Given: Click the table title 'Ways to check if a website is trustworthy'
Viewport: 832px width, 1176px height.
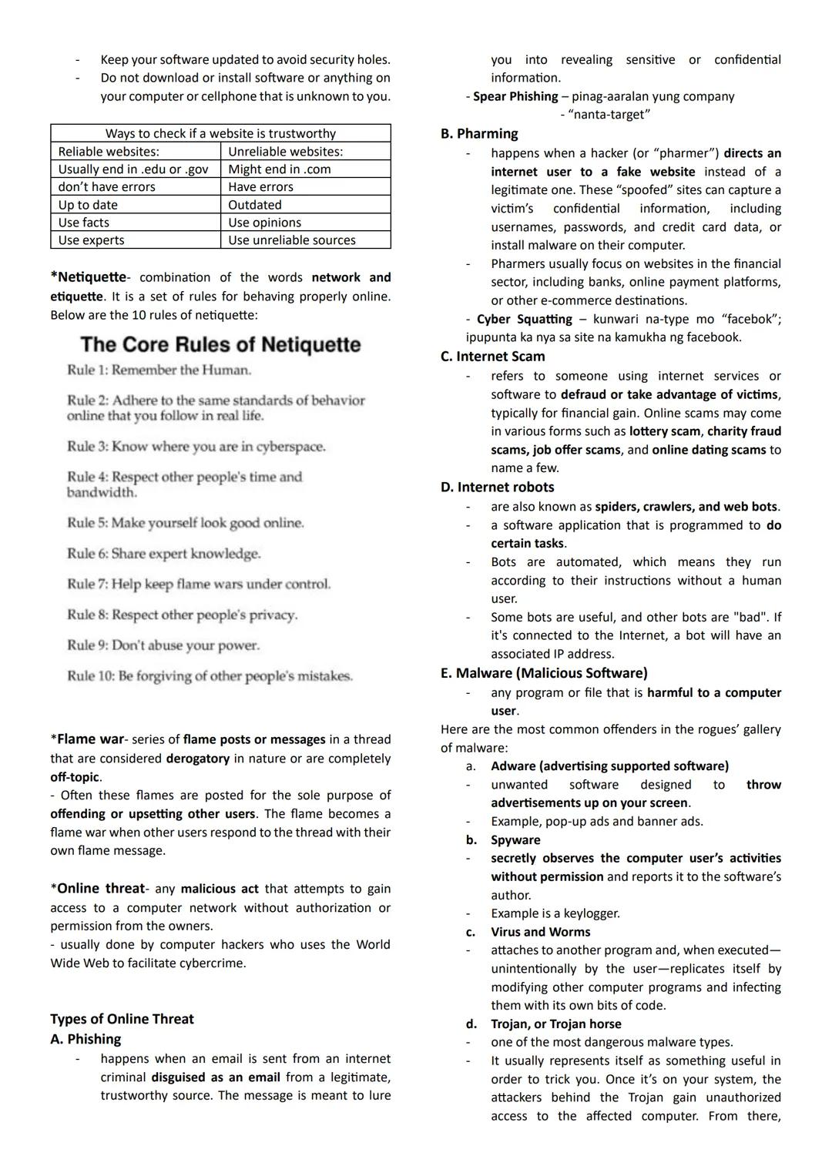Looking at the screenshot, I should pos(220,133).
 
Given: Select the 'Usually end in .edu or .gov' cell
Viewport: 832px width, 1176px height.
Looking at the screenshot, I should pos(133,169).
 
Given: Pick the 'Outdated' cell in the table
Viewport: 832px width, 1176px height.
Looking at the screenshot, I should pos(255,205).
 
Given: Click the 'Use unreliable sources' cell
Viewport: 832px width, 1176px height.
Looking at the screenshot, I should pos(292,240).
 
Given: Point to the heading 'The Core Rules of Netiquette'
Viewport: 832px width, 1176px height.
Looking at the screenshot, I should pos(220,344).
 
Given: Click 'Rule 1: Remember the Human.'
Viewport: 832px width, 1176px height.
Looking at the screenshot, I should pos(159,370).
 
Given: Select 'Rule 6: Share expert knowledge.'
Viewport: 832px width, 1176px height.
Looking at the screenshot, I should pos(163,554).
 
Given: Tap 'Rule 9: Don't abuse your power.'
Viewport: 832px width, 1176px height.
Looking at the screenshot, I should pos(163,645).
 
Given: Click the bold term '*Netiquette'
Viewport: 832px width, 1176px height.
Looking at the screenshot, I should pos(88,277).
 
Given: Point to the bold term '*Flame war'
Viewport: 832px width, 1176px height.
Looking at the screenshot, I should pos(87,739).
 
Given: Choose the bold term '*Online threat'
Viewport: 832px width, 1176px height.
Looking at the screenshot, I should pos(97,889).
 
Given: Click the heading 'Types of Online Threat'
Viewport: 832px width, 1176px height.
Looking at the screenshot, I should pos(122,1019).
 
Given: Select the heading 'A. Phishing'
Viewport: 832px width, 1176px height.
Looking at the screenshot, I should pos(86,1039).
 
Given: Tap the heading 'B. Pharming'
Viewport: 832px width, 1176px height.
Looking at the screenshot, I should pos(479,133).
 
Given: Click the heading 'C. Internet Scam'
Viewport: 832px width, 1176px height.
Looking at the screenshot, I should pos(492,357).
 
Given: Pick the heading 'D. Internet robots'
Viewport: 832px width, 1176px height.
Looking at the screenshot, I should pos(497,487).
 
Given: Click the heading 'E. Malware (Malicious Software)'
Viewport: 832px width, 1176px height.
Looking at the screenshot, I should pos(544,673).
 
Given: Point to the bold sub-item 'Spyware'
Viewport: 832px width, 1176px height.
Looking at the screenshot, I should pos(515,839).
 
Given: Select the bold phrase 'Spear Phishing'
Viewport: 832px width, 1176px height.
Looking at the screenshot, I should pos(515,96).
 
